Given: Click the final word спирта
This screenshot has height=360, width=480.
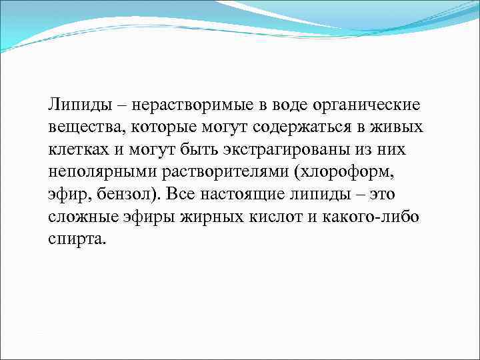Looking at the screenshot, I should (x=77, y=239).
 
